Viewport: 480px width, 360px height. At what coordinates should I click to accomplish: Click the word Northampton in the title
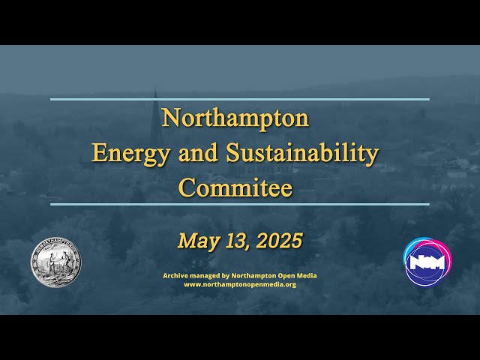point(235,118)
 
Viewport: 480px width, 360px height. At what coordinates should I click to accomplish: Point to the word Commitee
point(235,187)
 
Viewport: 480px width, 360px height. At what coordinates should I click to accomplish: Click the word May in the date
point(195,241)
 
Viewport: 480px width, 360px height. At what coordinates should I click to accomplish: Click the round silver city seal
point(55,262)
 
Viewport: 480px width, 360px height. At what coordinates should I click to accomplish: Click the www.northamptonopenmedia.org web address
point(240,285)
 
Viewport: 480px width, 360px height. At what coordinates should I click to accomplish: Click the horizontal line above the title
point(240,99)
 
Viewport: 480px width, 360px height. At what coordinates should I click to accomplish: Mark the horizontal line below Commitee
point(240,204)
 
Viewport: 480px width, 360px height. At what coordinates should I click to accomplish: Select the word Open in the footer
point(285,276)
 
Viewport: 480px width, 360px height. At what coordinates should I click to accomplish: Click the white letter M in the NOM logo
point(437,262)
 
